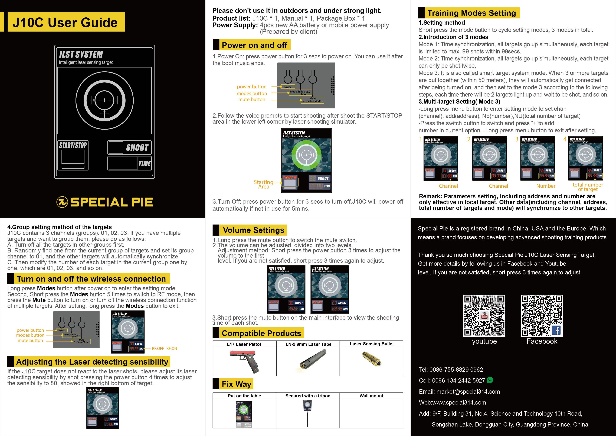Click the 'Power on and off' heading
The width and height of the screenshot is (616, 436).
tap(254, 45)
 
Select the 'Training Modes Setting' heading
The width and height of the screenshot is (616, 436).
tap(471, 13)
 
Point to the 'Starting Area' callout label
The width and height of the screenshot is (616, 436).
tap(263, 184)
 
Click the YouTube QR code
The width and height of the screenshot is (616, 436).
tap(484, 316)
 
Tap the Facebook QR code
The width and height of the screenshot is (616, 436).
tap(542, 316)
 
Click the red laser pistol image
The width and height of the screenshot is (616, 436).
tap(245, 361)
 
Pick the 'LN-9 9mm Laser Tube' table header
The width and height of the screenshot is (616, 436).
tap(308, 344)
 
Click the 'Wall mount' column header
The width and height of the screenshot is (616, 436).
tap(371, 396)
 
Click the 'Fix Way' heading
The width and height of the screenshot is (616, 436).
tap(236, 384)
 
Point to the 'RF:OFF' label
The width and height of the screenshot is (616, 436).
tap(158, 348)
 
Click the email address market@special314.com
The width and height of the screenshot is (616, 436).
tap(468, 392)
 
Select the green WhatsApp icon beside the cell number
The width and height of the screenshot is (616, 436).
tap(490, 380)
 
